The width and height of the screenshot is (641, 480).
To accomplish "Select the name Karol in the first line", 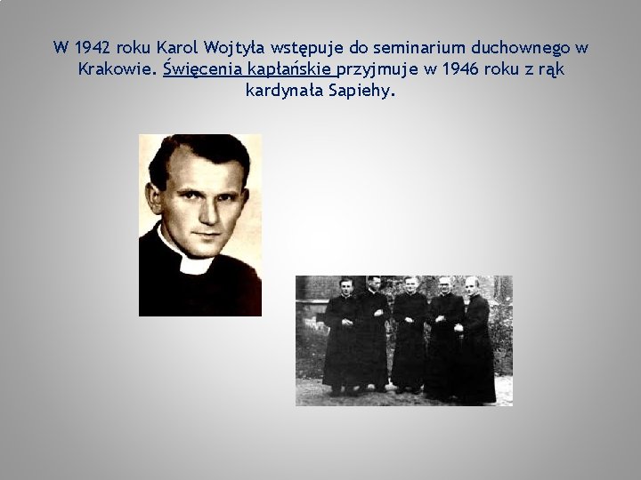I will [x=177, y=47].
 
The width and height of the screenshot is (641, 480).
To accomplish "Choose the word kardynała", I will [x=284, y=90].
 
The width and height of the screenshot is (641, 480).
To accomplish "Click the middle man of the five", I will [x=410, y=338].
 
